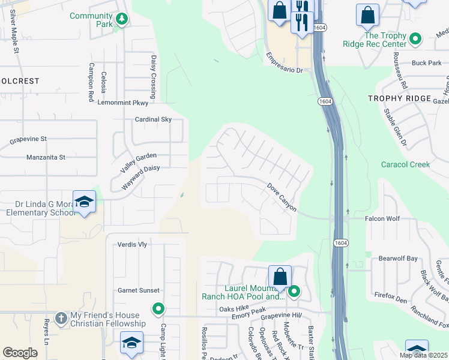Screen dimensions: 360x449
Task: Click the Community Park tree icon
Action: pyautogui.click(x=122, y=19)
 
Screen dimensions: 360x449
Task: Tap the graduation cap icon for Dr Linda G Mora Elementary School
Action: pyautogui.click(x=84, y=202)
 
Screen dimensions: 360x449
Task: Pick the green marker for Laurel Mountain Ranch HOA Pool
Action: pyautogui.click(x=294, y=292)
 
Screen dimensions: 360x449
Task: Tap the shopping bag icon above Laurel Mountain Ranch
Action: pyautogui.click(x=280, y=277)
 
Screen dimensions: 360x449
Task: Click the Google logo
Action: pyautogui.click(x=20, y=353)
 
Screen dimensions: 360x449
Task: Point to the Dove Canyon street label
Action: pyautogui.click(x=282, y=197)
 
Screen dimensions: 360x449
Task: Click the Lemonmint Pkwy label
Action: pyautogui.click(x=122, y=103)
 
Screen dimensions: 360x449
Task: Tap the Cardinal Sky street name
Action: pyautogui.click(x=153, y=119)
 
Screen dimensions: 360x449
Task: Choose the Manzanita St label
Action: pyautogui.click(x=46, y=157)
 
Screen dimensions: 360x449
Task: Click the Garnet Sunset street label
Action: pyautogui.click(x=139, y=290)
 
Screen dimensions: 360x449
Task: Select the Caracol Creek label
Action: pyautogui.click(x=405, y=164)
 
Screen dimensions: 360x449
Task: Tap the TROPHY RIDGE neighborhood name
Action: pyautogui.click(x=399, y=98)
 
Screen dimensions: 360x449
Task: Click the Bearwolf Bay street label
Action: pyautogui.click(x=398, y=259)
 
